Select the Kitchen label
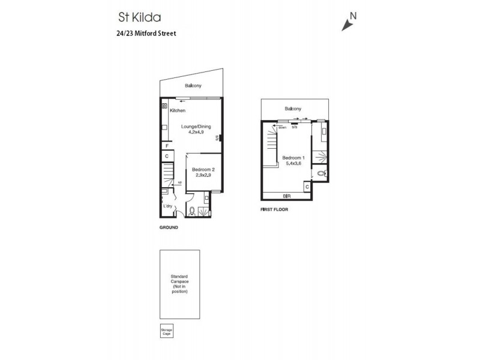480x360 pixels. tap(178, 111)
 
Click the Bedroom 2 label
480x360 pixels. tap(203, 170)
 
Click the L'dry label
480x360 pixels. tap(168, 206)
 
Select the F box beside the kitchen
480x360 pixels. tap(166, 145)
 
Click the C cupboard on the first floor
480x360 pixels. tap(307, 187)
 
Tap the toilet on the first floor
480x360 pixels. tap(321, 173)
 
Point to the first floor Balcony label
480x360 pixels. tap(293, 109)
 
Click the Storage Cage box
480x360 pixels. tap(166, 332)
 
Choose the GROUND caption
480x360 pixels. tap(169, 228)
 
